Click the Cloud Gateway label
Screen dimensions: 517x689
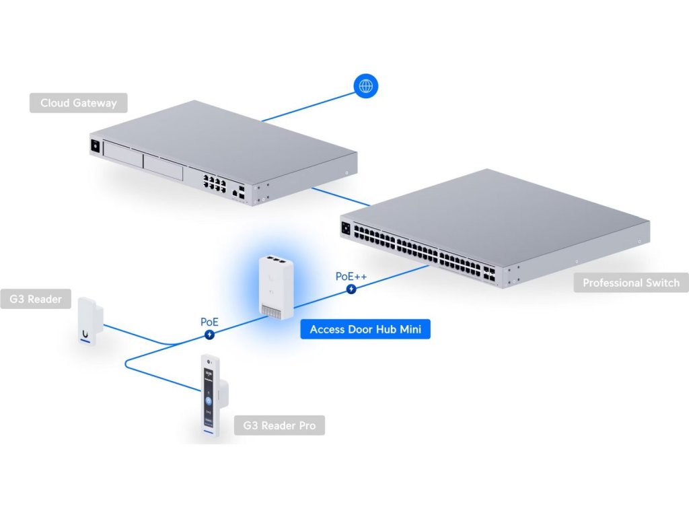[78, 103]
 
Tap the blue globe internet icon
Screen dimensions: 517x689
[366, 85]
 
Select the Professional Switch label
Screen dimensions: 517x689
[630, 283]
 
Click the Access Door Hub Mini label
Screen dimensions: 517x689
[365, 330]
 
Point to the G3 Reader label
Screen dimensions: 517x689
[36, 299]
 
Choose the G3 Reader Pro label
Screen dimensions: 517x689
[279, 425]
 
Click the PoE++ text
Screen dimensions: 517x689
[351, 277]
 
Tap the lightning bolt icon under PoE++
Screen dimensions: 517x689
[351, 289]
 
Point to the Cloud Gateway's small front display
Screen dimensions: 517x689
[96, 145]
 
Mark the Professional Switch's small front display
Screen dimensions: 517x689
[347, 228]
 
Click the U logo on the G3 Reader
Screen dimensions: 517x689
[86, 333]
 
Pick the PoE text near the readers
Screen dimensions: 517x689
[209, 322]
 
